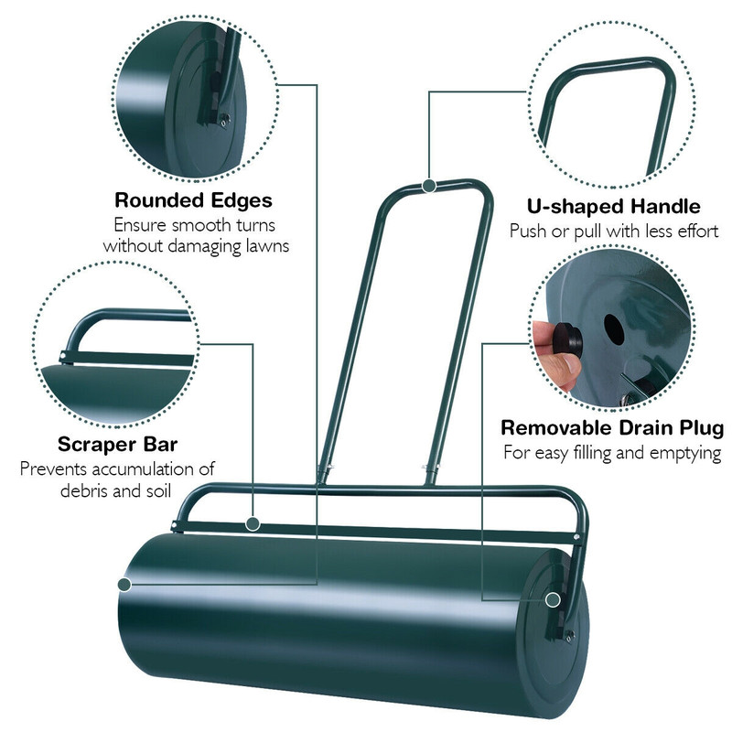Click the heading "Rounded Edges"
193,199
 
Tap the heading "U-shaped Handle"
614,206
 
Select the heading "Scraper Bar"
117,445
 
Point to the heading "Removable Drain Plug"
612,427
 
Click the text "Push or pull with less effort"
614,231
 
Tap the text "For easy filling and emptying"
612,452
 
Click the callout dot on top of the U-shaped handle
428,186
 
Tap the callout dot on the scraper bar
253,523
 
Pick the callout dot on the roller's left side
124,583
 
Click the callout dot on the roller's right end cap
552,600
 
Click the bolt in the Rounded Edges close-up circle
222,116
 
